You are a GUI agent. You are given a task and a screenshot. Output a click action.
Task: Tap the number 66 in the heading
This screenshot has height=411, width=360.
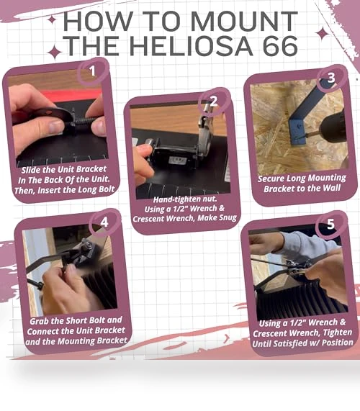point(280,46)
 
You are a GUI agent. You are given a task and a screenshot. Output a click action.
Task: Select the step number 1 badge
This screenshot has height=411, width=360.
point(92,71)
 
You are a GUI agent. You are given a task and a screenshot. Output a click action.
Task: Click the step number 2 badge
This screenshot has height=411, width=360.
point(214,101)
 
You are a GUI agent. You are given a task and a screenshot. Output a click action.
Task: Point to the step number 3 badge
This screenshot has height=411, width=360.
point(331,78)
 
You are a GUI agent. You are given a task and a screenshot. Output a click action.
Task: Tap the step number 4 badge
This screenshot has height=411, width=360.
point(104,222)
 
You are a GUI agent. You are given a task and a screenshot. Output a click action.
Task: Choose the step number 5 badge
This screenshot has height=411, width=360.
point(330,225)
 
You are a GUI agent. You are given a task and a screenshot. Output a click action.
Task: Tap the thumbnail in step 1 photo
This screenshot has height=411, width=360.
point(56,126)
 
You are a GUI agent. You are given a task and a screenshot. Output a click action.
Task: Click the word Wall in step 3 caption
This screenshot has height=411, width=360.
point(331,188)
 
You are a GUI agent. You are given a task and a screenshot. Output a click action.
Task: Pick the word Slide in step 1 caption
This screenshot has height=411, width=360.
point(31,170)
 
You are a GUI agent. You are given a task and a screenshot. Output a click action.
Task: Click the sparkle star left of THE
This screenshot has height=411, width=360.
point(55,52)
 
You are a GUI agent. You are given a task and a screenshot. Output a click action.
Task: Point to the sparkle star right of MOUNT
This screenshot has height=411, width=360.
point(323,34)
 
